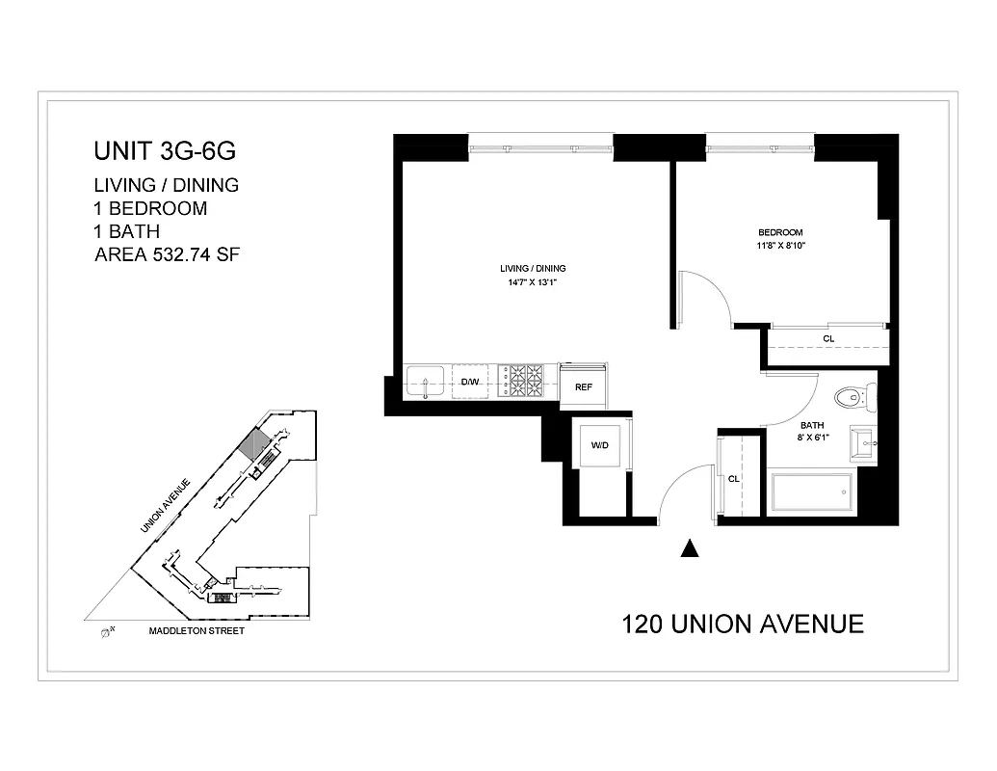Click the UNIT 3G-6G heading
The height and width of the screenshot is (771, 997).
click(164, 151)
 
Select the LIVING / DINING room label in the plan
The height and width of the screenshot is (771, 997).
click(533, 268)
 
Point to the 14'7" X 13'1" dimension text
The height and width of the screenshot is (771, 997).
click(533, 283)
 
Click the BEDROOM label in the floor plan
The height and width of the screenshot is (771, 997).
click(780, 232)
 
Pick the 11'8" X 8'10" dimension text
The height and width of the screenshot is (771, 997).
click(780, 246)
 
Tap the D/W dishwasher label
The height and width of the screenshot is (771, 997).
click(470, 383)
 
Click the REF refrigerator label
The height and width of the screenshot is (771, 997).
click(584, 387)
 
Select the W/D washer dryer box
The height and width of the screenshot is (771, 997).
click(599, 445)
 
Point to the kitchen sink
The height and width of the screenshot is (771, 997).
click(425, 382)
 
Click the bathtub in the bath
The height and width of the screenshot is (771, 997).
click(810, 492)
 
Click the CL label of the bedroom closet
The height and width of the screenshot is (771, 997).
click(828, 339)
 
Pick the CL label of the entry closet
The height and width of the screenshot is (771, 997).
click(734, 479)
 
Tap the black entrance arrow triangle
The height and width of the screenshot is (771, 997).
click(689, 548)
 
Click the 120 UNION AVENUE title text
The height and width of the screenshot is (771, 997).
click(743, 624)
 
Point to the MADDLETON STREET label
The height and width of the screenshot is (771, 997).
click(196, 631)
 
